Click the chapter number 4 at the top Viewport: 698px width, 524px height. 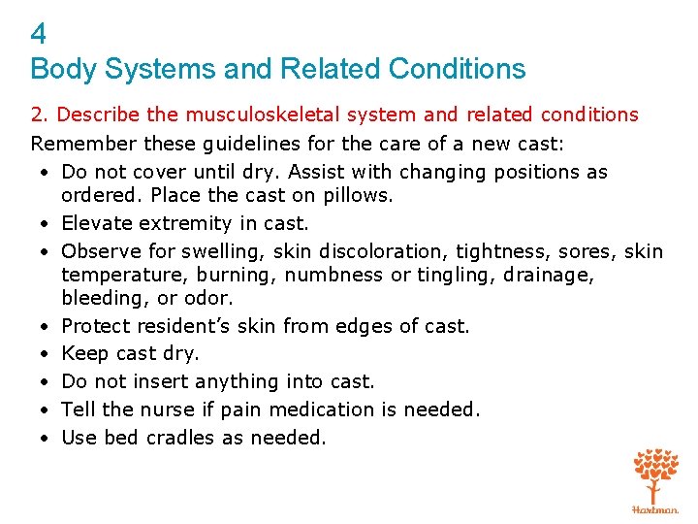tap(39, 35)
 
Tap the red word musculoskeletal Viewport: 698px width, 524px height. tap(253, 115)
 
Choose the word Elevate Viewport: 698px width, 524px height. tap(94, 223)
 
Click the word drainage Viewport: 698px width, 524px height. tap(551, 275)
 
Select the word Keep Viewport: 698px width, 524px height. tap(81, 353)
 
